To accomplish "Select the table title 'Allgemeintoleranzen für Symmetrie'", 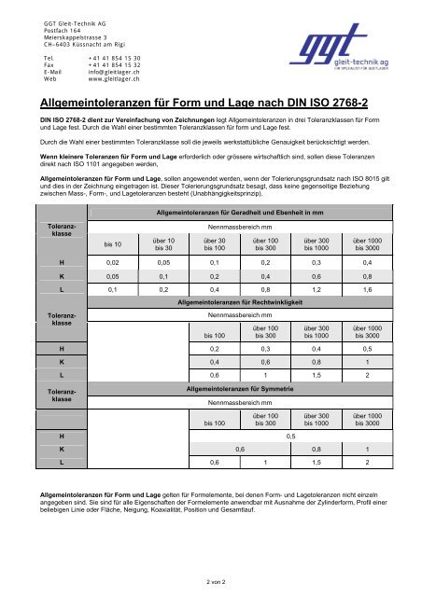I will click(x=242, y=386).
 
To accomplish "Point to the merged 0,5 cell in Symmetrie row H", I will click(x=292, y=436).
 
